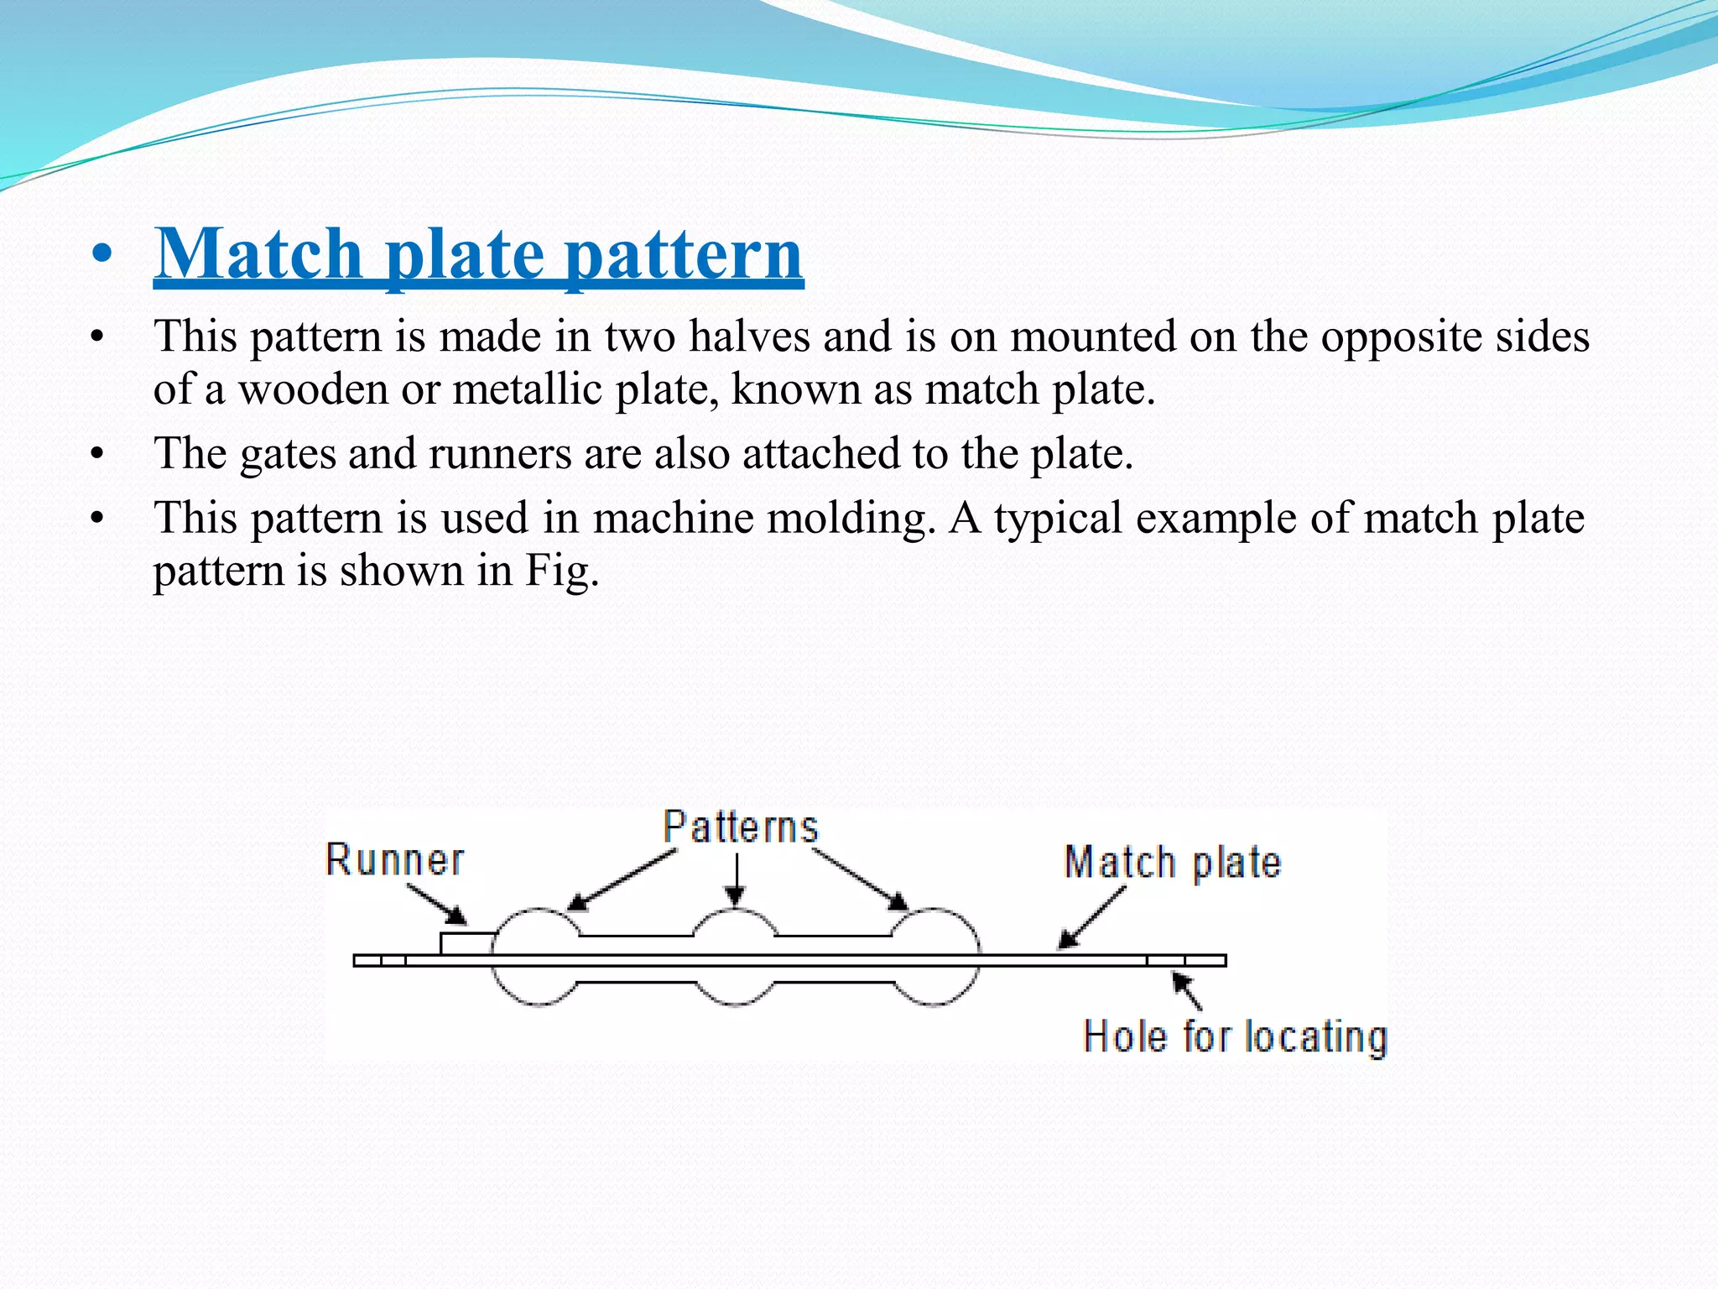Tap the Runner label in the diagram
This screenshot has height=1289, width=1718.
tap(394, 860)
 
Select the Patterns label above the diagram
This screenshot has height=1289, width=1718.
tap(740, 827)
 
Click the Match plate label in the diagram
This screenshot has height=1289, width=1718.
tap(1172, 863)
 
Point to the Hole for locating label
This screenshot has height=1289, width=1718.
tap(1235, 1037)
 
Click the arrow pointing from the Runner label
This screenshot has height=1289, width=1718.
tap(437, 905)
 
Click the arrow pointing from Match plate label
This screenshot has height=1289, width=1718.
tap(1091, 918)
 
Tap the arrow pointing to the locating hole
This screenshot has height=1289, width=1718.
tap(1187, 990)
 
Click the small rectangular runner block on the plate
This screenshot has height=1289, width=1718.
tap(466, 944)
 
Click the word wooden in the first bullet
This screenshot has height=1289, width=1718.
tap(313, 389)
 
